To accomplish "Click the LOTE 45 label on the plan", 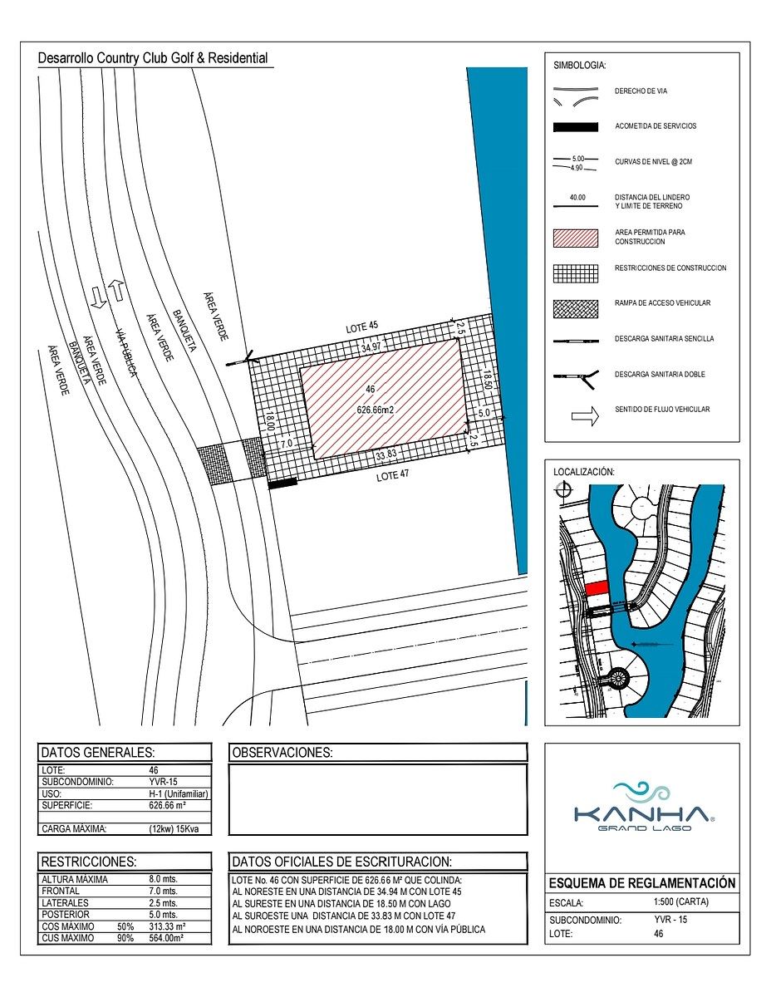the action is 362,327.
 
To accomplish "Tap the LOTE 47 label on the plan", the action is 392,476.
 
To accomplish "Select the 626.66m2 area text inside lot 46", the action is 376,410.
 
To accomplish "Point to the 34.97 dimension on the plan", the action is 371,347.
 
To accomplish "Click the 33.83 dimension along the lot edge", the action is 385,455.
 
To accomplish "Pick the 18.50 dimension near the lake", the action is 488,380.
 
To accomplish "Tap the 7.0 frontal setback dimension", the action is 287,444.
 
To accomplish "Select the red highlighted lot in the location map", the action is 597,587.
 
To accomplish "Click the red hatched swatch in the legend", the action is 576,238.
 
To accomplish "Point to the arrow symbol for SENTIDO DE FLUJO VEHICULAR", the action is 585,416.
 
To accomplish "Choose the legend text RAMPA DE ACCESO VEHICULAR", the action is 662,302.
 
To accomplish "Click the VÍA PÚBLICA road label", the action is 126,353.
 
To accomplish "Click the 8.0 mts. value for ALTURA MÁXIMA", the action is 163,879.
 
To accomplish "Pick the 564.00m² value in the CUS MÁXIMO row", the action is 166,938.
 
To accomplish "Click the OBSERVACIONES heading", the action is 282,753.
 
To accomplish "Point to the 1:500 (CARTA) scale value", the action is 680,901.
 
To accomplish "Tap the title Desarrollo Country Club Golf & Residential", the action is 153,58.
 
